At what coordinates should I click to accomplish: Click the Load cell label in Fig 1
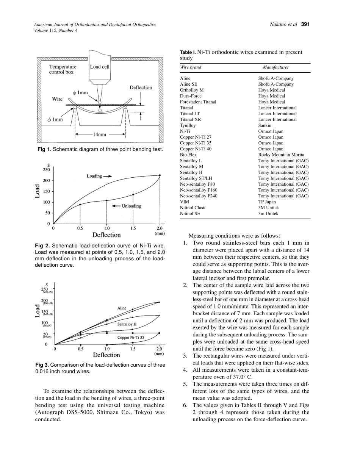(x=100, y=67)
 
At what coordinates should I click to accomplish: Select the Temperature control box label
(x=63, y=69)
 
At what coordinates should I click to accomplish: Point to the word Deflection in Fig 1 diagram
(x=141, y=88)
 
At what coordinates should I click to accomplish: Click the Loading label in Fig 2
(x=94, y=176)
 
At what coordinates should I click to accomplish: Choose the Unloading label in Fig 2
(x=131, y=206)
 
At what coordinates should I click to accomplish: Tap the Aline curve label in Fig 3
(x=122, y=308)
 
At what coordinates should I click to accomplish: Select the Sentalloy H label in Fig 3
(x=127, y=324)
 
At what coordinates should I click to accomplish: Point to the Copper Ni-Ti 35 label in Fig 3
(x=131, y=337)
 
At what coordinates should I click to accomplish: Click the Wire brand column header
(x=191, y=67)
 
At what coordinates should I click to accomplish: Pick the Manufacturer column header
(x=275, y=67)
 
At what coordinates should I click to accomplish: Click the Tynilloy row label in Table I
(x=188, y=125)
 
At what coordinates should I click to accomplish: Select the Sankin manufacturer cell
(x=265, y=125)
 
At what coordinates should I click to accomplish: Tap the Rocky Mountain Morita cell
(x=281, y=155)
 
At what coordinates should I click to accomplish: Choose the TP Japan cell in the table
(x=267, y=202)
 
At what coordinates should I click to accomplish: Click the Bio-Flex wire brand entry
(x=188, y=155)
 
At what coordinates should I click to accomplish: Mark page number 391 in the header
(x=305, y=25)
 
